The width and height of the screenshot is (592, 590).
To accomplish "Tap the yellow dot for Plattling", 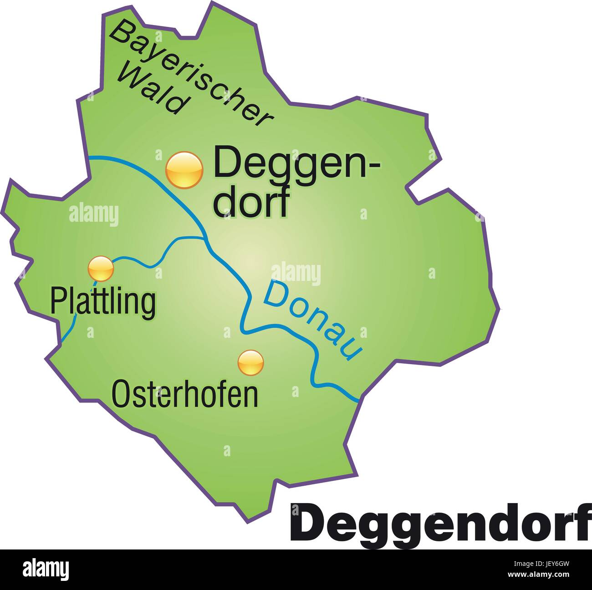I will pyautogui.click(x=101, y=269).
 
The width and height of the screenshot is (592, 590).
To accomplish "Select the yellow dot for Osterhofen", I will pyautogui.click(x=250, y=362).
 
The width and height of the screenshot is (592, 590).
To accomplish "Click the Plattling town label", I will pyautogui.click(x=103, y=301).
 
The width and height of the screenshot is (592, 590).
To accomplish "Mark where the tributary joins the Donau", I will pyautogui.click(x=204, y=237).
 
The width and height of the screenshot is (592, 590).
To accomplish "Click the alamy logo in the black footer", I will pyautogui.click(x=46, y=569).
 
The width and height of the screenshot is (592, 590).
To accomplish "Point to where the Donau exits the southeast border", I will pyautogui.click(x=359, y=400).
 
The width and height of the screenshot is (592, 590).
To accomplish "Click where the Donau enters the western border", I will pyautogui.click(x=89, y=158).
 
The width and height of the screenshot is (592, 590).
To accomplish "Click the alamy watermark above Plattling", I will pyautogui.click(x=94, y=214).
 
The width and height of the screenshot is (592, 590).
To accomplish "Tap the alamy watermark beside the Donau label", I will pyautogui.click(x=296, y=274).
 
